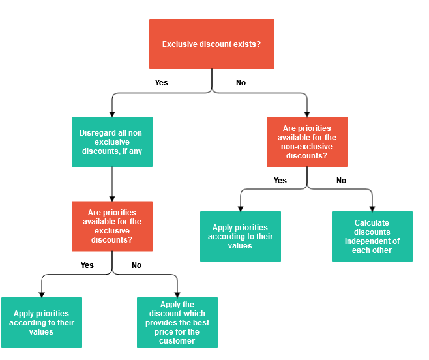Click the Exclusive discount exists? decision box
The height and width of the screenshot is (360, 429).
(212, 44)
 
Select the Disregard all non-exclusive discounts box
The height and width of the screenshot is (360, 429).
(112, 142)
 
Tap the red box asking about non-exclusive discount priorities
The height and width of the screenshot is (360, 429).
(307, 142)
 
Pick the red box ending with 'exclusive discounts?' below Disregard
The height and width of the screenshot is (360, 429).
(112, 226)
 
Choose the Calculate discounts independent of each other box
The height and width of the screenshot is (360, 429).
(372, 236)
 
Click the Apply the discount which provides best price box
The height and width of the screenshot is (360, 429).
(177, 322)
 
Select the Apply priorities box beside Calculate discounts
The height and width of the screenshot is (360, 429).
(241, 236)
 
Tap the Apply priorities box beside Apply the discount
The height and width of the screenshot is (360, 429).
(42, 322)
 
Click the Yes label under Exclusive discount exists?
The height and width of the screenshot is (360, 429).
(161, 83)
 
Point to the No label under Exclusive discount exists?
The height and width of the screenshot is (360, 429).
(241, 83)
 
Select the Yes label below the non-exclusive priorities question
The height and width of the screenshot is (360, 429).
(280, 181)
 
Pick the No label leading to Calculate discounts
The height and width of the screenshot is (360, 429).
(341, 181)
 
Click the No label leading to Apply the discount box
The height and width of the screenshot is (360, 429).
(136, 265)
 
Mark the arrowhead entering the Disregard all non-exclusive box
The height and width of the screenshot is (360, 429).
(112, 114)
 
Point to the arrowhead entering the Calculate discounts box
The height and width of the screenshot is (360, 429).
(372, 209)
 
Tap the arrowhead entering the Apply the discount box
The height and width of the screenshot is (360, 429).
(177, 295)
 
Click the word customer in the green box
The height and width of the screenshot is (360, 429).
(177, 341)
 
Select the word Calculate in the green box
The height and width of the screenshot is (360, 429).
(372, 222)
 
